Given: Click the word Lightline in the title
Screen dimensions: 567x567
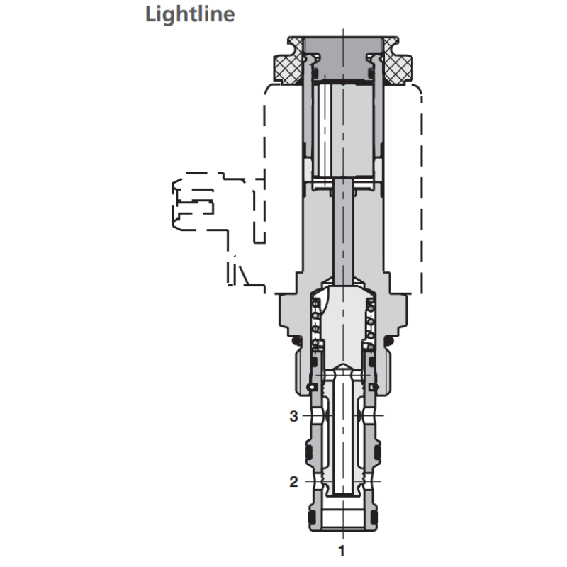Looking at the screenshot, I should click(189, 14).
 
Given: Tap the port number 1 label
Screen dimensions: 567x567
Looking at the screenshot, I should click(343, 549).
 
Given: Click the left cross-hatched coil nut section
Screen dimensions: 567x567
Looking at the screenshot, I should click(286, 66).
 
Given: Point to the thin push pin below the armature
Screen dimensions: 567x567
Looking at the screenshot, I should click(343, 234).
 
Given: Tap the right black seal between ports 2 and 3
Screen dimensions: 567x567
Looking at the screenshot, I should click(377, 451).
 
